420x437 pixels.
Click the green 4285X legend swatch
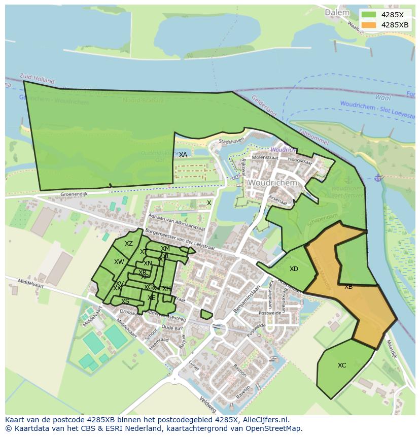click(x=369, y=15)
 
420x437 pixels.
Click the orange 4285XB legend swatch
click(x=369, y=25)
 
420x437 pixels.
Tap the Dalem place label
click(x=337, y=12)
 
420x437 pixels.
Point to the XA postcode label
click(x=183, y=154)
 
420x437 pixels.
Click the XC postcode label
click(x=342, y=365)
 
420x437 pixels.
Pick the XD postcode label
click(x=294, y=269)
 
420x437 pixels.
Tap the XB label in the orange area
click(x=348, y=287)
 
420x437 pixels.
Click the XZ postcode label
click(x=129, y=244)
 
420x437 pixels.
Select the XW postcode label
click(x=119, y=262)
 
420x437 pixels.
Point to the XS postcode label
click(x=125, y=301)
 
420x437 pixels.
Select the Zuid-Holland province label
click(x=38, y=79)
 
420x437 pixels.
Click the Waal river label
click(x=382, y=97)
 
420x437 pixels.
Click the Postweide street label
click(x=269, y=313)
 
